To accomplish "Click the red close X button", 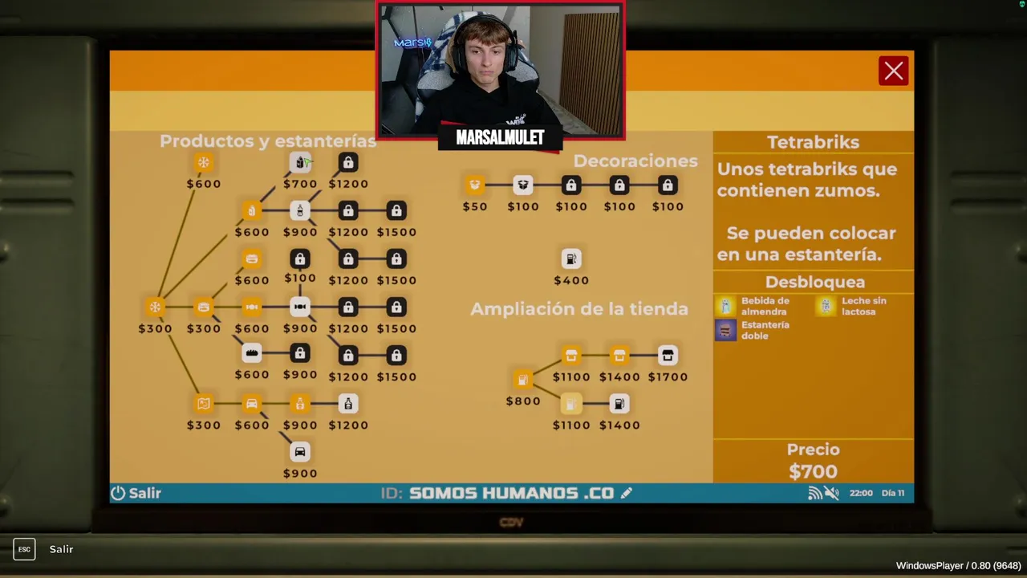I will pyautogui.click(x=893, y=71).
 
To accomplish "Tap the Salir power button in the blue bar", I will pyautogui.click(x=136, y=493).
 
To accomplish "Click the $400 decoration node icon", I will pyautogui.click(x=570, y=259).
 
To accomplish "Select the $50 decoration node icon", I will pyautogui.click(x=475, y=185).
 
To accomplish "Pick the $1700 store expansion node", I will pyautogui.click(x=668, y=356).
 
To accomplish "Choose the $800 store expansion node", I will pyautogui.click(x=522, y=380).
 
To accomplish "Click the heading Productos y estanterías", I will pyautogui.click(x=267, y=141).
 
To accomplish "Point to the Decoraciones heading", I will pyautogui.click(x=635, y=161).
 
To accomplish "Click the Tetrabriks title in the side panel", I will pyautogui.click(x=813, y=142).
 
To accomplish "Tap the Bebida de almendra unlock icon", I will pyautogui.click(x=725, y=306).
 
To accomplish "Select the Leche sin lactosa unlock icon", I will pyautogui.click(x=826, y=306).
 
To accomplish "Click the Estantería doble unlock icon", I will pyautogui.click(x=725, y=330).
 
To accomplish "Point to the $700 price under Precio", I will pyautogui.click(x=813, y=471).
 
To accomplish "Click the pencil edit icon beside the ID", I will pyautogui.click(x=627, y=493).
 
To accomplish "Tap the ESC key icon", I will pyautogui.click(x=24, y=549).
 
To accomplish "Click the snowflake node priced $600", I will pyautogui.click(x=204, y=163).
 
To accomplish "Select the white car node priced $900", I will pyautogui.click(x=300, y=452).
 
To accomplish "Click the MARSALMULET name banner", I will pyautogui.click(x=500, y=138).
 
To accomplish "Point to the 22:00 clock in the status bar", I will pyautogui.click(x=861, y=493).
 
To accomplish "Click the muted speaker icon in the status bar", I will pyautogui.click(x=832, y=493).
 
